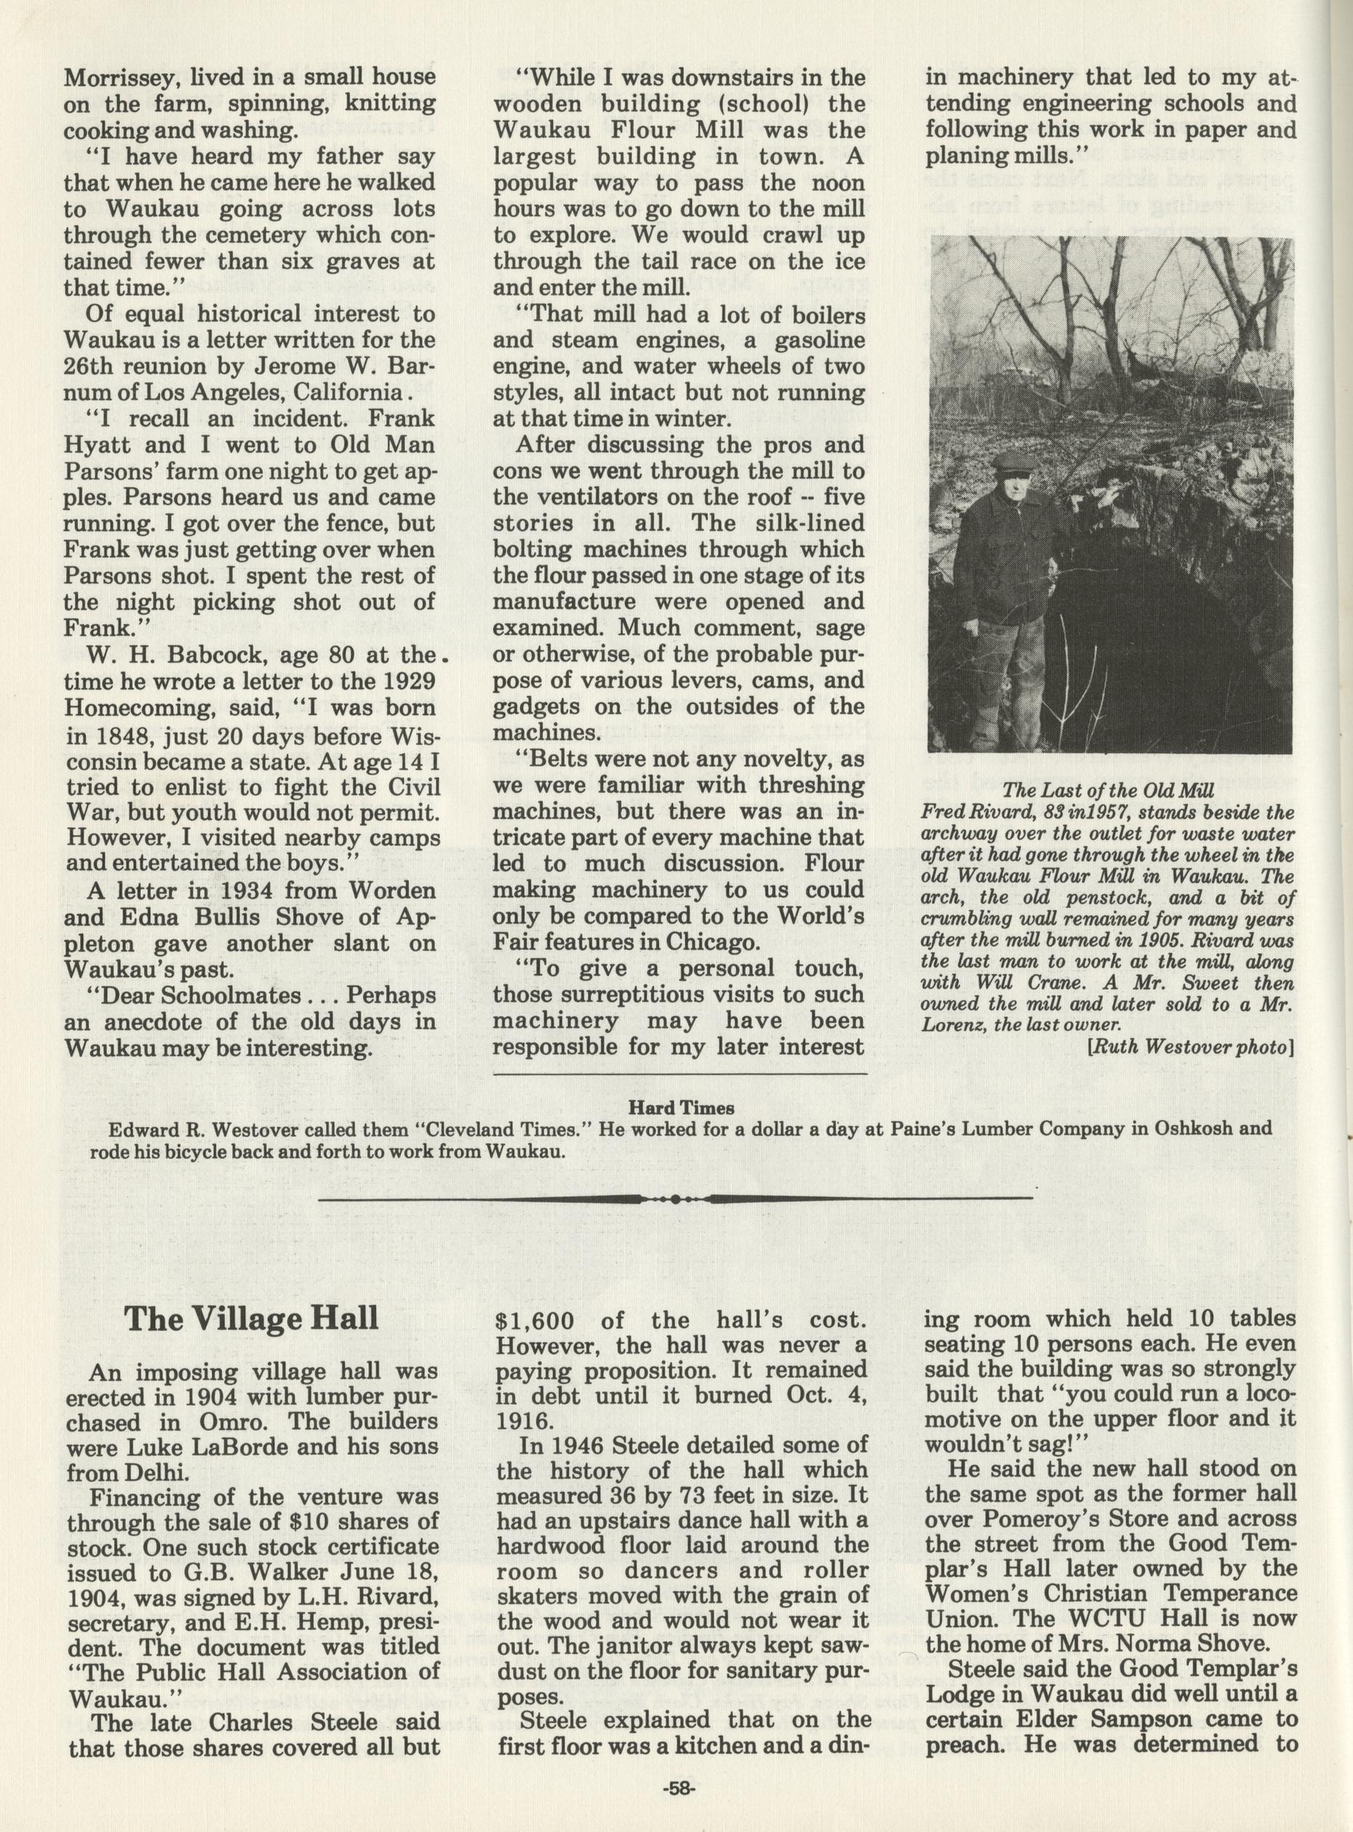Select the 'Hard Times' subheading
[x=681, y=1109]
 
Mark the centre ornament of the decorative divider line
[x=673, y=1200]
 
